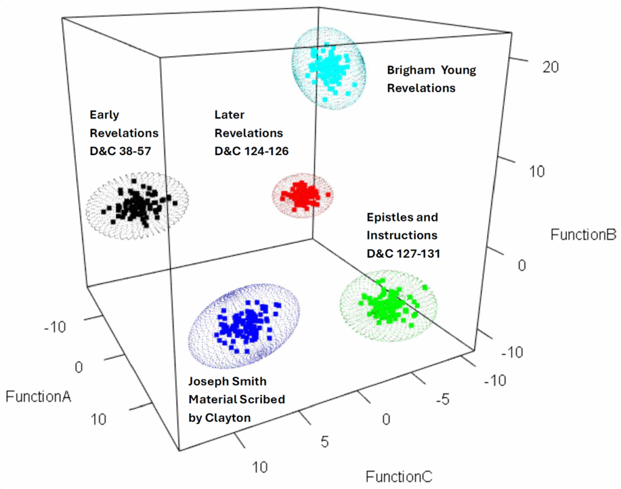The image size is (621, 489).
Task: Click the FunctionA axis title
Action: pos(38,397)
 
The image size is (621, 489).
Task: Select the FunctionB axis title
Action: pos(583,235)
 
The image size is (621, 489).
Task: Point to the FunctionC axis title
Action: pos(398,477)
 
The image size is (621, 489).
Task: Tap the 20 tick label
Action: pos(551,68)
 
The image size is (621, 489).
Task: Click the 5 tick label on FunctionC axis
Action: pos(325,442)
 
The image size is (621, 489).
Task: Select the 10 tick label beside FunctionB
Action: pos(535,171)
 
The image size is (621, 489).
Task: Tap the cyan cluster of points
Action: pos(327,67)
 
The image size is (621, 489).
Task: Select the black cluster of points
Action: pos(137,204)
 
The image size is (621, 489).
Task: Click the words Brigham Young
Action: pos(431,70)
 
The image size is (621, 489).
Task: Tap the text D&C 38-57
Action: pos(124,150)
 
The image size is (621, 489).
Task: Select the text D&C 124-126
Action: pos(251,150)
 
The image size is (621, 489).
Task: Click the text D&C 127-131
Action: pos(403,253)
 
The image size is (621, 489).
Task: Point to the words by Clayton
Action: pos(220,417)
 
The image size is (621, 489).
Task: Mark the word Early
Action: pos(104,115)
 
